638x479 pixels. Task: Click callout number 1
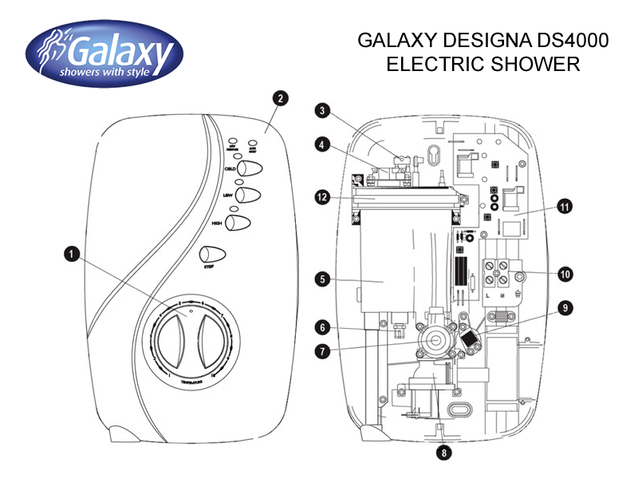(x=72, y=254)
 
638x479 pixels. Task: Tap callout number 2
(x=279, y=99)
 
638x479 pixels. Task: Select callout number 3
(x=321, y=110)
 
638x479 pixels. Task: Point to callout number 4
(x=321, y=145)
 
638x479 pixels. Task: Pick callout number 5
(x=321, y=279)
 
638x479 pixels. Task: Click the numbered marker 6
(x=321, y=327)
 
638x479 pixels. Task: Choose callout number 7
(x=321, y=350)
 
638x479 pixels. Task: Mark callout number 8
(x=444, y=452)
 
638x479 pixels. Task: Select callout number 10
(x=565, y=274)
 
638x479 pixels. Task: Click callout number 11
(x=565, y=207)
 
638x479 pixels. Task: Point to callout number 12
(x=321, y=196)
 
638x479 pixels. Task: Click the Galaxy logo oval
(x=104, y=53)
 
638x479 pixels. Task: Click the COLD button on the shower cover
(x=250, y=170)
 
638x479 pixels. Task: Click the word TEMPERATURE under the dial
(x=191, y=384)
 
